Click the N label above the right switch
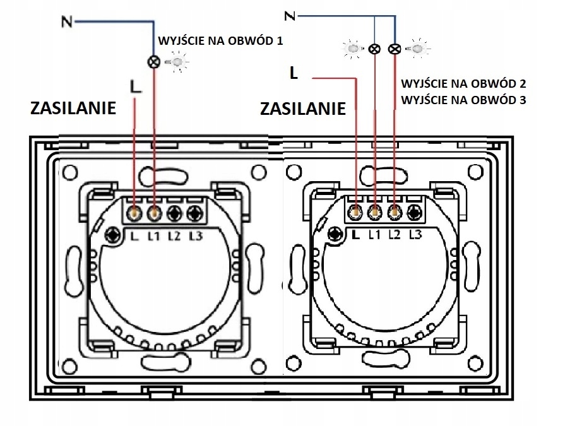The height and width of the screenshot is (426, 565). pos(290,16)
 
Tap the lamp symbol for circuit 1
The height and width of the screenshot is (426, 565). pos(154,62)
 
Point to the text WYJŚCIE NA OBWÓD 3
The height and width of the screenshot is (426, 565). pos(463,99)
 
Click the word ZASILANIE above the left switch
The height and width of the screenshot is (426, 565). pos(73,108)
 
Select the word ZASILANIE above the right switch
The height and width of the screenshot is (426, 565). pos(303,109)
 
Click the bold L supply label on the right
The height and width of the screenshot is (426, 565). pos(293,74)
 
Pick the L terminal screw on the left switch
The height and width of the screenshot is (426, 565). pos(134,213)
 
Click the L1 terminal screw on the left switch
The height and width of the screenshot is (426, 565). pos(154,213)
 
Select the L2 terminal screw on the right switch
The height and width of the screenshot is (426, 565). pos(395,213)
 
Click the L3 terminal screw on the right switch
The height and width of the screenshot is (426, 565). pos(415,213)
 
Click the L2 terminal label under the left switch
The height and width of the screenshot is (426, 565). pos(175,237)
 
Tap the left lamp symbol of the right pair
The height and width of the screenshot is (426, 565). pos(375,49)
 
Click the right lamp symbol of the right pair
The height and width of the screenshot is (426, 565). pos(395,49)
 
